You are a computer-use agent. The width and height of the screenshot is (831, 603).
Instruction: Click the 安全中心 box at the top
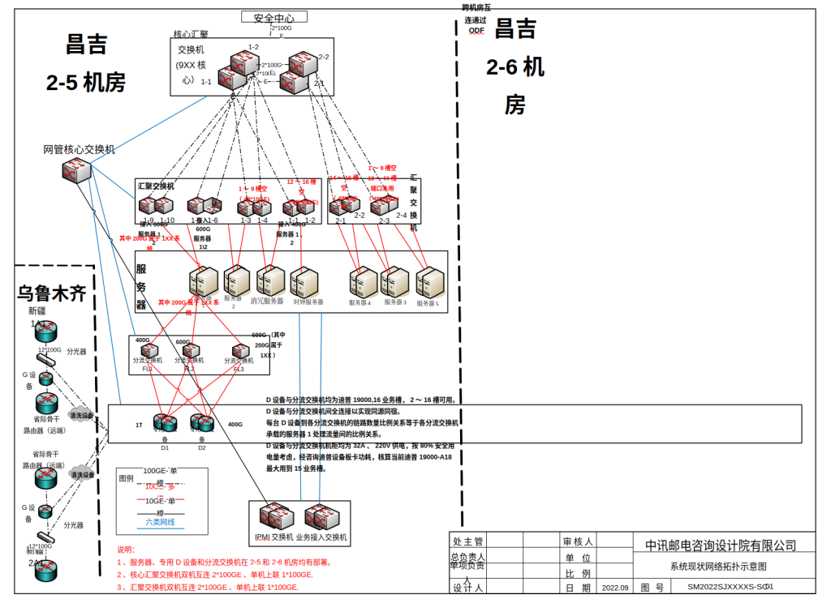tap(273, 18)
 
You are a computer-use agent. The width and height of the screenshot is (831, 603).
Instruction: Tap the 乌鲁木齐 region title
tap(52, 293)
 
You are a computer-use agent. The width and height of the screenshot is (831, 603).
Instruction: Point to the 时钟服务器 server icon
tap(305, 281)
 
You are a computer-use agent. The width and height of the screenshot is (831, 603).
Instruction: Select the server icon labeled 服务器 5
tap(429, 282)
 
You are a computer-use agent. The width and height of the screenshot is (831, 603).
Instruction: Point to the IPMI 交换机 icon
tap(270, 516)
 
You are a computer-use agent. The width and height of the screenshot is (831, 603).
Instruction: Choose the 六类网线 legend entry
tap(160, 523)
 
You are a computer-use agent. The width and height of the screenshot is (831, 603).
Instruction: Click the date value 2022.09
tap(614, 587)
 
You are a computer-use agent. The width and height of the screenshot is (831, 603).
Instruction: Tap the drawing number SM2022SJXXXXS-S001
tap(730, 586)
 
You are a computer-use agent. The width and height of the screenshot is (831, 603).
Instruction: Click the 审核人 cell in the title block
tap(578, 541)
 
